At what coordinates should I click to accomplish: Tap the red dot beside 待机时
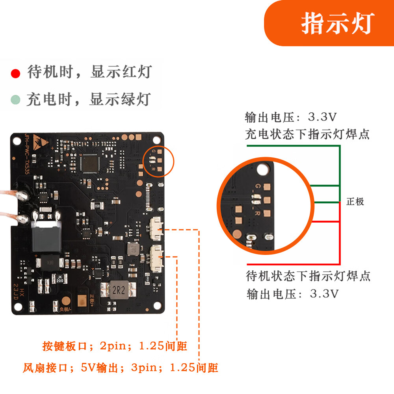point(16,73)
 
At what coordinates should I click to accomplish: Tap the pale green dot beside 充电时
point(16,99)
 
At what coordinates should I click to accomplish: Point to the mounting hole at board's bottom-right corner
point(158,305)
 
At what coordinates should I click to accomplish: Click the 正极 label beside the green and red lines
point(355,202)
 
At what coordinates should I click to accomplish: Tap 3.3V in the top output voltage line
point(322,117)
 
